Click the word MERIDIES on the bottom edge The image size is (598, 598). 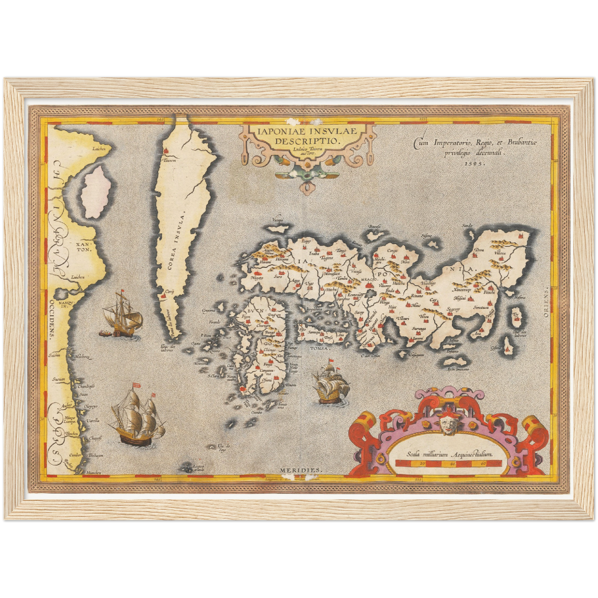click(x=300, y=470)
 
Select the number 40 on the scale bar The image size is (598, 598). click(x=453, y=464)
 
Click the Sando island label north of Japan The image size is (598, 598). click(x=467, y=226)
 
